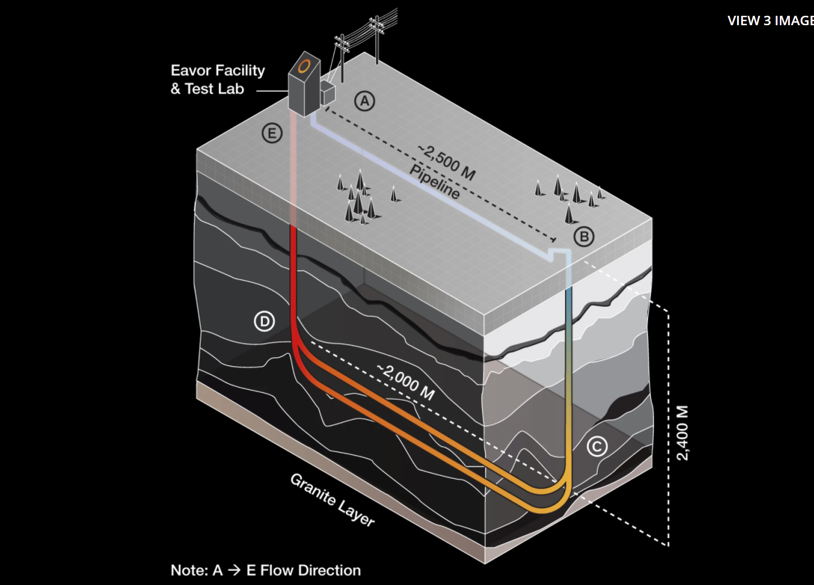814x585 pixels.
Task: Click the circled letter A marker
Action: (365, 101)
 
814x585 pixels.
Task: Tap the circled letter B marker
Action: (584, 237)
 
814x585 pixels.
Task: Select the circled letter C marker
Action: (597, 447)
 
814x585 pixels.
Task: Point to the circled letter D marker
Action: (264, 322)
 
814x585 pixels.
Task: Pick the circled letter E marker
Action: (272, 133)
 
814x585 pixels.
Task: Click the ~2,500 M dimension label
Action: (447, 162)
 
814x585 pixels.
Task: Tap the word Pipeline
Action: (435, 182)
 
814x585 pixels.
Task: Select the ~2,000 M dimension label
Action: (406, 382)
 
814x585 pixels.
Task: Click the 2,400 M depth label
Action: (682, 433)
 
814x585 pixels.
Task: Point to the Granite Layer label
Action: (332, 499)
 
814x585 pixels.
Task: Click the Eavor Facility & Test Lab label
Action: (217, 80)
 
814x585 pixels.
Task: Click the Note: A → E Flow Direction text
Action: (266, 570)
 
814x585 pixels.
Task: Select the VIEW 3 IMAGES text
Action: (770, 21)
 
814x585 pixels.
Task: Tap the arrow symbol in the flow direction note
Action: (235, 570)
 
